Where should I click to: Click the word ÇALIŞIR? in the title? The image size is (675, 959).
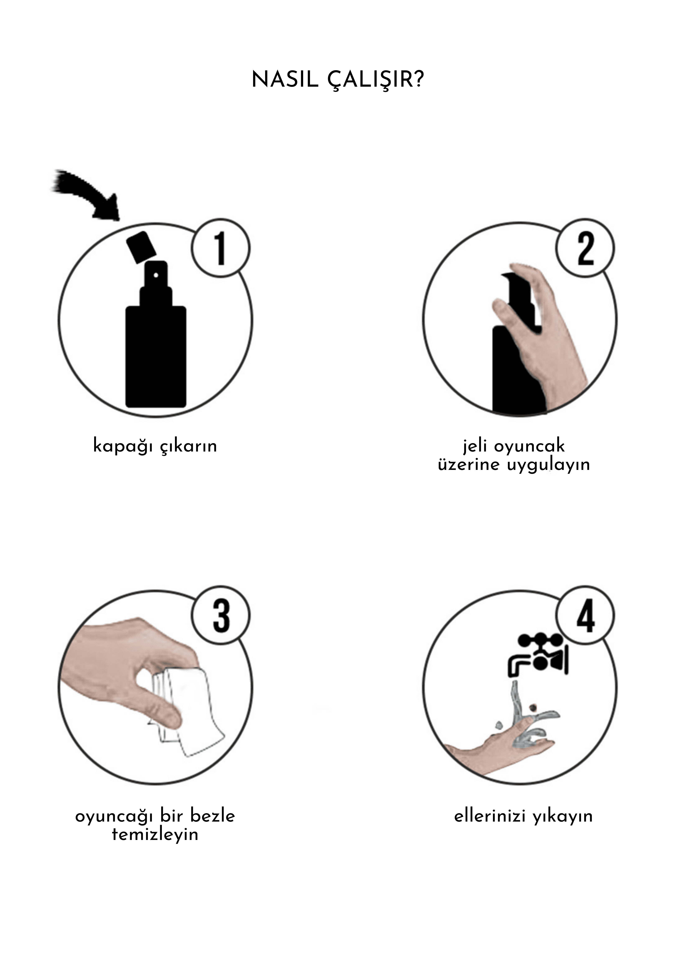376,80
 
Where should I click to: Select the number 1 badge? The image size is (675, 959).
220,248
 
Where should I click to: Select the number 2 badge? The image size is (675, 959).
585,248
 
